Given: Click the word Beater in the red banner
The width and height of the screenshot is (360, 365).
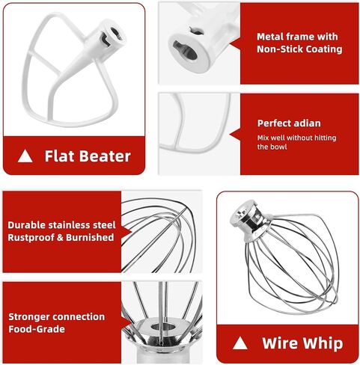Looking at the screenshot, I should click(103, 156).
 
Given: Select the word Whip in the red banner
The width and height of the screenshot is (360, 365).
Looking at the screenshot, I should click(323, 344).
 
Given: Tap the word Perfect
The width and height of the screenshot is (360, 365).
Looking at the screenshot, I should click(274, 123).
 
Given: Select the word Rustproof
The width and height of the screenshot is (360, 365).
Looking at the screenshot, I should click(34, 238).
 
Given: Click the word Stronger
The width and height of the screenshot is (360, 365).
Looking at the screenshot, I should click(32, 316).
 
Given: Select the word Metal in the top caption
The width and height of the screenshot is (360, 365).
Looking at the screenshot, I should click(271, 37).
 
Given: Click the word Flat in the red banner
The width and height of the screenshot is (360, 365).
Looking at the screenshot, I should click(58, 156).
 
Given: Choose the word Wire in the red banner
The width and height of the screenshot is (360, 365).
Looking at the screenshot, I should click(279, 344).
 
